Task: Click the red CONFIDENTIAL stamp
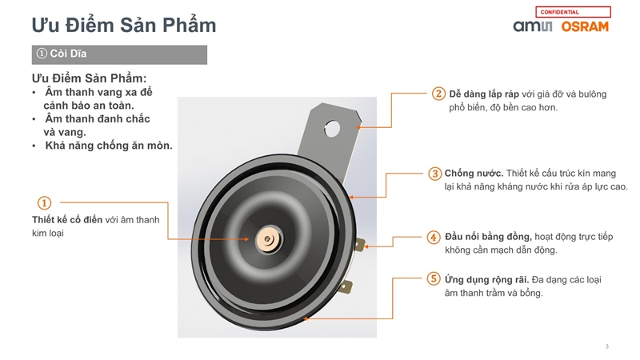[x=573, y=12]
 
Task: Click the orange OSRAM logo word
[x=585, y=26]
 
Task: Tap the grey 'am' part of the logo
[x=526, y=26]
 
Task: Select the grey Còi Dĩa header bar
[x=119, y=54]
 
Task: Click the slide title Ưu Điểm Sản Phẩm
[x=124, y=25]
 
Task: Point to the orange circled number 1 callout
[x=44, y=203]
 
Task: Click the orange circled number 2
[x=438, y=94]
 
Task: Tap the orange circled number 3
[x=434, y=174]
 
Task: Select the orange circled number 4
[x=434, y=237]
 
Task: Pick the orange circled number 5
[x=434, y=279]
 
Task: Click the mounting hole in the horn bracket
[x=332, y=129]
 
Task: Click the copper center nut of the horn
[x=268, y=239]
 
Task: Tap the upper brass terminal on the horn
[x=359, y=245]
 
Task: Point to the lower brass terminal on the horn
[x=346, y=286]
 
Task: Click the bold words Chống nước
[x=474, y=174]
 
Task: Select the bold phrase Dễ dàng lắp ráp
[x=484, y=94]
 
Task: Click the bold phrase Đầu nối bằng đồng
[x=488, y=237]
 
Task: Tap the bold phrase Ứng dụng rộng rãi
[x=486, y=279]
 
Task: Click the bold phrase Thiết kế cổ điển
[x=67, y=219]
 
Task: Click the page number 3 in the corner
[x=607, y=346]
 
